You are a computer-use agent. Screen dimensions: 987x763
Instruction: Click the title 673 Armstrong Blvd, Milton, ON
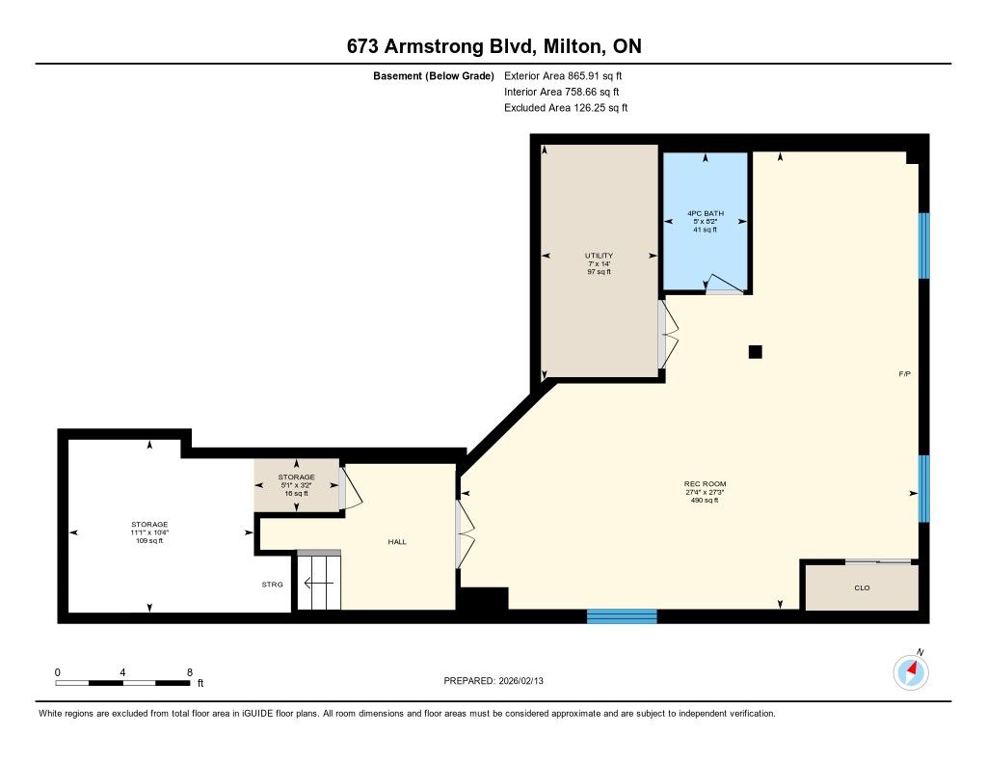[494, 46]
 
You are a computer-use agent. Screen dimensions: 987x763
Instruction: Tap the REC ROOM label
[705, 484]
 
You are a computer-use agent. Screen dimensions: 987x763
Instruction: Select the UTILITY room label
[599, 256]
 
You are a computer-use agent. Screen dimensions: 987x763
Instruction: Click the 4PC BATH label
[705, 213]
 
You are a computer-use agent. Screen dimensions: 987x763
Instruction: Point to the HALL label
[397, 542]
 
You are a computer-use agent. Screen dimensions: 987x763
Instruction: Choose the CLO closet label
[862, 587]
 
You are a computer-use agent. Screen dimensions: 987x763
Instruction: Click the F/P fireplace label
[904, 373]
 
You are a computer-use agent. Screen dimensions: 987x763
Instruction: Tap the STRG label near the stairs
[273, 585]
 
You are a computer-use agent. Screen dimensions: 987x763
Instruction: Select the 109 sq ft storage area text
[149, 540]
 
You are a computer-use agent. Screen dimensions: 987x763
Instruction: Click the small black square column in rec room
[756, 351]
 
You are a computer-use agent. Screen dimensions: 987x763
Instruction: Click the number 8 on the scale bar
[190, 672]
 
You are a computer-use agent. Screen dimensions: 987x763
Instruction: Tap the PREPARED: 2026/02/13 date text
[493, 680]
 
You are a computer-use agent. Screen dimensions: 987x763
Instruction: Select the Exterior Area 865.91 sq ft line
[563, 75]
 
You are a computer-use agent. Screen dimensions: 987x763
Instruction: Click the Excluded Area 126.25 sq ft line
[566, 108]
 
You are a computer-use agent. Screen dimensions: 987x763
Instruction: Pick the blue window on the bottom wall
[622, 616]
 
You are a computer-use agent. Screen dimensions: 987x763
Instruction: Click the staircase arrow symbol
[318, 584]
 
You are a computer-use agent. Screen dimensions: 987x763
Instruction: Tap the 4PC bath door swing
[724, 285]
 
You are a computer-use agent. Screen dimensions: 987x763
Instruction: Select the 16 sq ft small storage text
[297, 493]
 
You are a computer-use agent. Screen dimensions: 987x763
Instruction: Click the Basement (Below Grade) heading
[434, 76]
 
